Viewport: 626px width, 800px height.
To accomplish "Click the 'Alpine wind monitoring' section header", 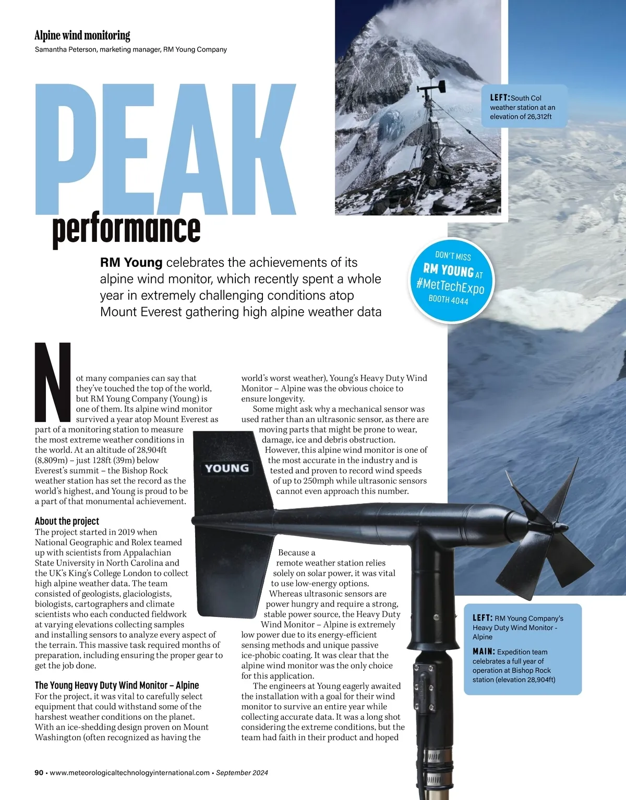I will [82, 35].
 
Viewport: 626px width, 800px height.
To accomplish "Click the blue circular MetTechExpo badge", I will [452, 278].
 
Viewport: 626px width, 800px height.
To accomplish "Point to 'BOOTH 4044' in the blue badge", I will [448, 299].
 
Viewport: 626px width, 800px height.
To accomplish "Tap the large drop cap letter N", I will [52, 381].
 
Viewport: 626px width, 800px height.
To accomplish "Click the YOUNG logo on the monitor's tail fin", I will [226, 468].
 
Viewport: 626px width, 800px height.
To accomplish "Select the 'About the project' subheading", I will [67, 521].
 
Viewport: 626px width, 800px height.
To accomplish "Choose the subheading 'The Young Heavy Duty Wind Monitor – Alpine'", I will [117, 685].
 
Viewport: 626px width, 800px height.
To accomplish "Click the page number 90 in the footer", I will [39, 773].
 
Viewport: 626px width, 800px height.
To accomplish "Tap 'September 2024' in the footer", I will [242, 773].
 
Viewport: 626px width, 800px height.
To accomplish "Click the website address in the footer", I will [130, 773].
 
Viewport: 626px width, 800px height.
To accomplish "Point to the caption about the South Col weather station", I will [522, 107].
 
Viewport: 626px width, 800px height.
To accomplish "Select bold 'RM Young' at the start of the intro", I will [131, 262].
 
